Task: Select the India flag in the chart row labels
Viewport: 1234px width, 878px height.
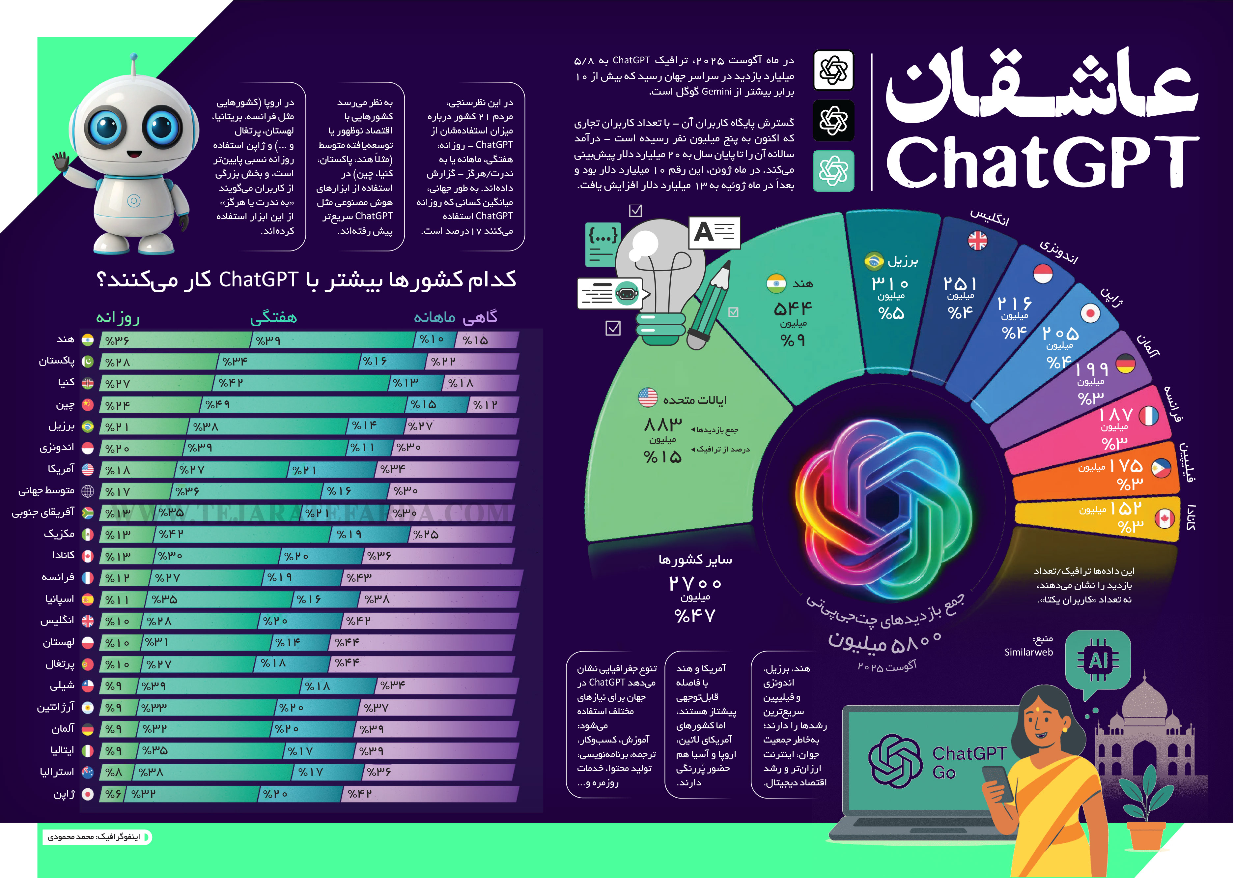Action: pyautogui.click(x=88, y=339)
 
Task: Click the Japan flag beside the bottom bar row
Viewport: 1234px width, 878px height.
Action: pyautogui.click(x=88, y=794)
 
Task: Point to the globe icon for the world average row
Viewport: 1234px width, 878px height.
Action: pyautogui.click(x=88, y=491)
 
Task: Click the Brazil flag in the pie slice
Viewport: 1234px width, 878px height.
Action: pyautogui.click(x=874, y=261)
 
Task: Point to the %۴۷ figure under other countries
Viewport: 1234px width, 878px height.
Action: pyautogui.click(x=695, y=616)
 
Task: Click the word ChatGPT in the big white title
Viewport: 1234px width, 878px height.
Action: pyautogui.click(x=1042, y=161)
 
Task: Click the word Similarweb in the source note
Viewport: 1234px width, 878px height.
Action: pyautogui.click(x=1028, y=653)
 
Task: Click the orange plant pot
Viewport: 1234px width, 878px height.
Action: pyautogui.click(x=1146, y=835)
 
